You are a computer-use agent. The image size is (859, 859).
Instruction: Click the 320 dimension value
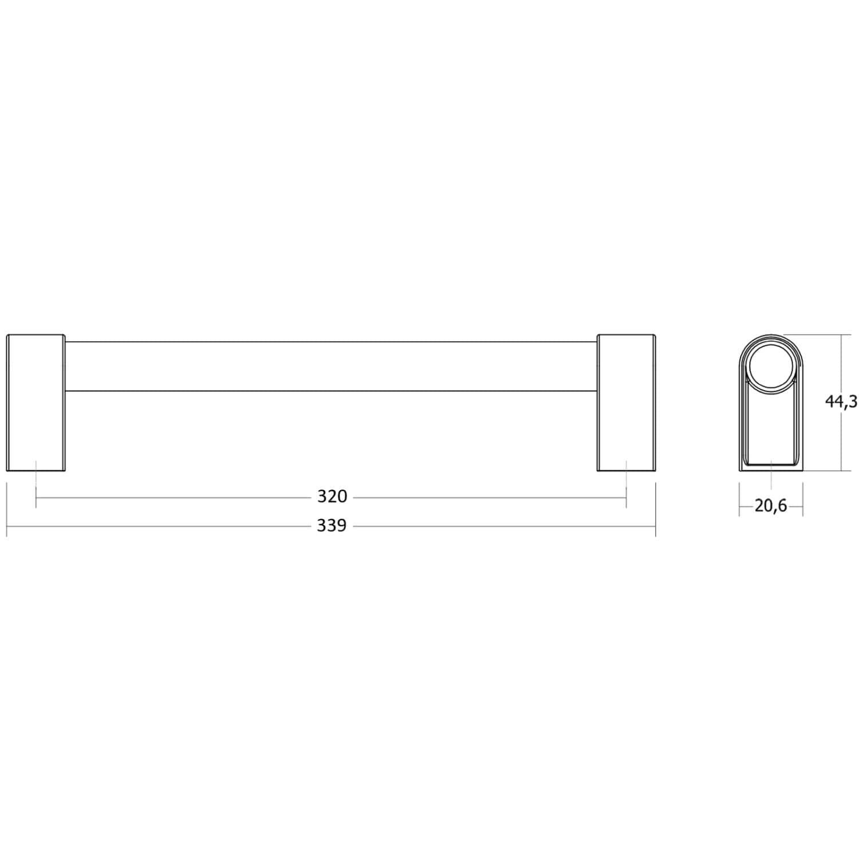332,496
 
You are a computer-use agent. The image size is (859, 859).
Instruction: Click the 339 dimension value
332,525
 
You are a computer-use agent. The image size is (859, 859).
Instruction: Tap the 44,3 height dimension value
841,402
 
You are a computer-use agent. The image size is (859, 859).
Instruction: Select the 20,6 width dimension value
771,506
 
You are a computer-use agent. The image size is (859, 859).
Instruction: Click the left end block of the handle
36,403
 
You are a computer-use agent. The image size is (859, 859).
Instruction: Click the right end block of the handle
626,403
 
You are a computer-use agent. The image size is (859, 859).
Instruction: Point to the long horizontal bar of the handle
331,367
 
